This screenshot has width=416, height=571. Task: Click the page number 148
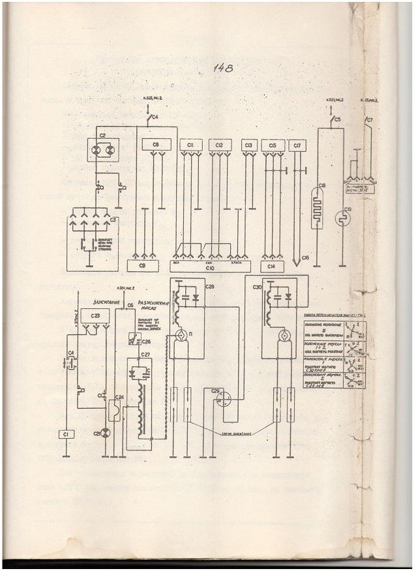(x=222, y=67)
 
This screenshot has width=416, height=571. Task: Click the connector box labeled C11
(x=191, y=145)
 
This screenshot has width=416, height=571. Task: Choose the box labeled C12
(x=220, y=145)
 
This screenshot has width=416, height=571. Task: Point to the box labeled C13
(x=248, y=145)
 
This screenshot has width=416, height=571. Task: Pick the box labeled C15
(x=273, y=145)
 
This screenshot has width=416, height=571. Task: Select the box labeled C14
(x=273, y=266)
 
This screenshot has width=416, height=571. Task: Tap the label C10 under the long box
(x=209, y=267)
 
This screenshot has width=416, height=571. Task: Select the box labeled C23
(x=96, y=315)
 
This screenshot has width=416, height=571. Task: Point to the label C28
(x=209, y=287)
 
